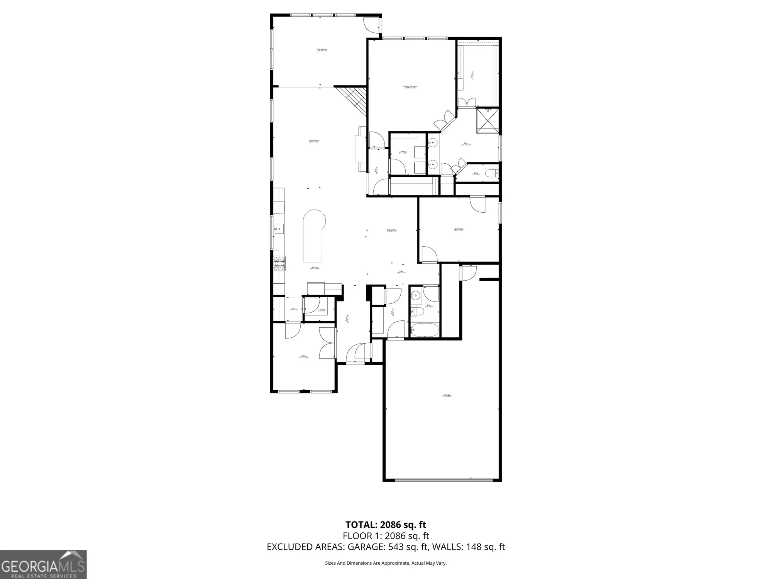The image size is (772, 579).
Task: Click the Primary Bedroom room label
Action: pos(410,87)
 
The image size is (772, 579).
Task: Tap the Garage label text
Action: pos(447,395)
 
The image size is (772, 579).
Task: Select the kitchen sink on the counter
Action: pos(279,229)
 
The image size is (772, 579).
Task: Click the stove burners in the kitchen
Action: pos(279,264)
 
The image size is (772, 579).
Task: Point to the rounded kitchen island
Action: pos(313,235)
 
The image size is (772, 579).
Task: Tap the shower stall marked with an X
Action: pos(488,121)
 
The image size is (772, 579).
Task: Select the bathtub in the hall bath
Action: pos(424,330)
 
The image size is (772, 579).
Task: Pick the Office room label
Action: pos(304,357)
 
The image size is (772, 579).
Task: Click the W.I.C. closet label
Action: pos(472,75)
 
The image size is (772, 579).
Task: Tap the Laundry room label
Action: pos(403,152)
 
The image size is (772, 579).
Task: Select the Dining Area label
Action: pos(392,230)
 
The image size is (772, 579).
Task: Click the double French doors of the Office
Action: pos(327,343)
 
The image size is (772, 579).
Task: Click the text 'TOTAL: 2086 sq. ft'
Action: pos(386,525)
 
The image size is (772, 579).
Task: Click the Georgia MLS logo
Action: pos(43,564)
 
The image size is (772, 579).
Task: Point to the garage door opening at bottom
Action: pos(444,480)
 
